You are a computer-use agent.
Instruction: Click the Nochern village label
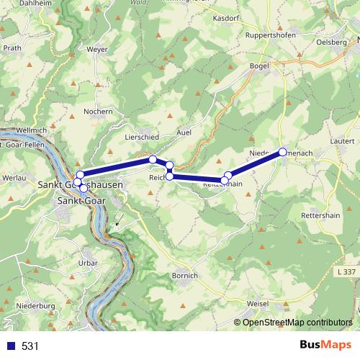(x=99, y=111)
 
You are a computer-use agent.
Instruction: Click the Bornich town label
(x=185, y=276)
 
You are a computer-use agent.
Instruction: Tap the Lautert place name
(x=345, y=143)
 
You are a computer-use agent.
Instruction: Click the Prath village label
(x=12, y=48)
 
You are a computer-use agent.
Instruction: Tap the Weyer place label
(x=96, y=49)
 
